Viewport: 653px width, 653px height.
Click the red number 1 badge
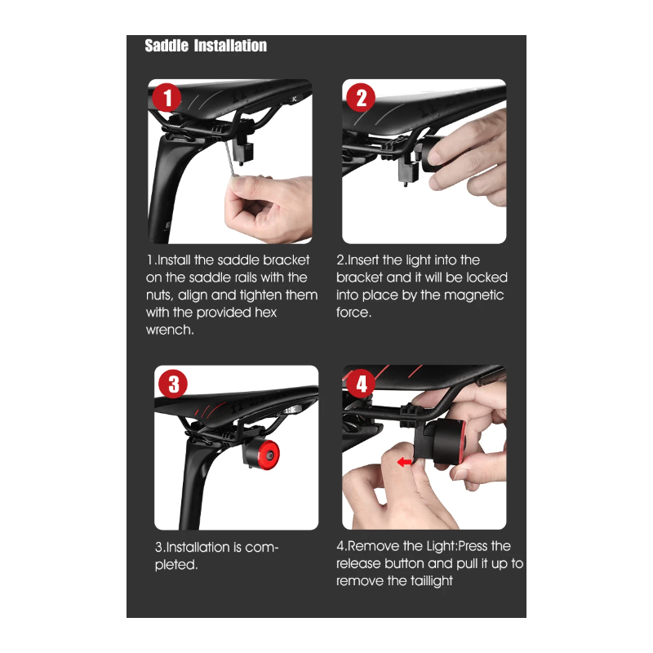coord(167,99)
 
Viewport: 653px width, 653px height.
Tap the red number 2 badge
coord(361,99)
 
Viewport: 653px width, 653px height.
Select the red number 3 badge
coord(172,384)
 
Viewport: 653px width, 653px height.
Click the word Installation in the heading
coord(230,46)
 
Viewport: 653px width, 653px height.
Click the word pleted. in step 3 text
coord(176,564)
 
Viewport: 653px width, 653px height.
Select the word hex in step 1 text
coord(267,313)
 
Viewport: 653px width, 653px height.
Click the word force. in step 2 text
coord(353,313)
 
